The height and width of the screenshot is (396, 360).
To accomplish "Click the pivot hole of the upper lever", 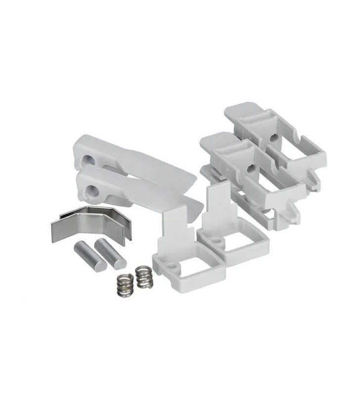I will coord(88,159).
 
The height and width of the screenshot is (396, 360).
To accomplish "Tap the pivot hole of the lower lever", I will coord(92,190).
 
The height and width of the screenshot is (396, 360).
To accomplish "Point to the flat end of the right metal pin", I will coord(120,263).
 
